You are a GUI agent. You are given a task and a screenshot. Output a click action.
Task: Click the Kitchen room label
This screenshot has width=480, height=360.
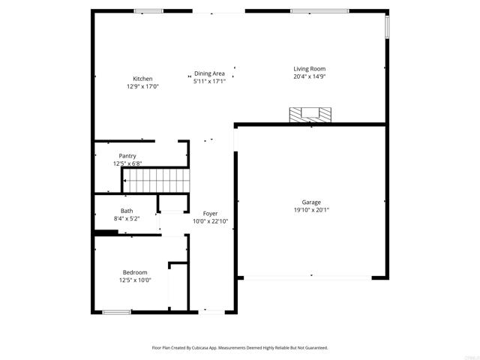142,79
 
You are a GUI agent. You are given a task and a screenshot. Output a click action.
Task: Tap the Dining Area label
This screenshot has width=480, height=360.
209,73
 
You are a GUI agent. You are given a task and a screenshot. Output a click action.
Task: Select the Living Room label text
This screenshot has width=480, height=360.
310,69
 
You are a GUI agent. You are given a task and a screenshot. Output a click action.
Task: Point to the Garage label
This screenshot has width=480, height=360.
311,202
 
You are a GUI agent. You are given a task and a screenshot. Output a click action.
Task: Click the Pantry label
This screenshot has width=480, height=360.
127,156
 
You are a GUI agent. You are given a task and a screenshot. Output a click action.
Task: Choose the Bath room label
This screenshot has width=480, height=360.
127,211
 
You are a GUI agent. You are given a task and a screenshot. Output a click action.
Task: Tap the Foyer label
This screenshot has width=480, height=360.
210,214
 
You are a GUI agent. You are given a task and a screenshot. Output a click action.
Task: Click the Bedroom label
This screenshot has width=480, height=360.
135,272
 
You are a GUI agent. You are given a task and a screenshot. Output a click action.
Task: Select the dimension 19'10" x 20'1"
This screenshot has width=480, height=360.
311,210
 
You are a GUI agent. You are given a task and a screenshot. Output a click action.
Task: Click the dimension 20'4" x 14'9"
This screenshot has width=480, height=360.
310,76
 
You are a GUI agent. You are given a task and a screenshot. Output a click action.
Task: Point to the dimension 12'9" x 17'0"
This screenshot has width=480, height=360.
142,86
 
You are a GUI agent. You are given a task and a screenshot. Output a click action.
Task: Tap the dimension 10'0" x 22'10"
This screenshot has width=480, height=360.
210,221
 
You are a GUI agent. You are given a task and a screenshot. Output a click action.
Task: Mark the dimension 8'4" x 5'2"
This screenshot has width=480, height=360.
127,218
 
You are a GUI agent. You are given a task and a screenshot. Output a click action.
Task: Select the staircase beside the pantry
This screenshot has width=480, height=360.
157,181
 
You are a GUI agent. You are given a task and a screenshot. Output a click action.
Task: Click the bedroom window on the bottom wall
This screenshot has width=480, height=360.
117,312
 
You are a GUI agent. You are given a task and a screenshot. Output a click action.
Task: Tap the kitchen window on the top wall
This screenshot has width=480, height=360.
148,11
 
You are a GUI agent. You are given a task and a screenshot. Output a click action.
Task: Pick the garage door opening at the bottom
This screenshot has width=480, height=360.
307,278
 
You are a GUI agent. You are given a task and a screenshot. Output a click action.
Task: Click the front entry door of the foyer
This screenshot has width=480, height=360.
211,312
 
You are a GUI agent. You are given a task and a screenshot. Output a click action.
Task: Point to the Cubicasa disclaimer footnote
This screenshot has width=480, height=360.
240,348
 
